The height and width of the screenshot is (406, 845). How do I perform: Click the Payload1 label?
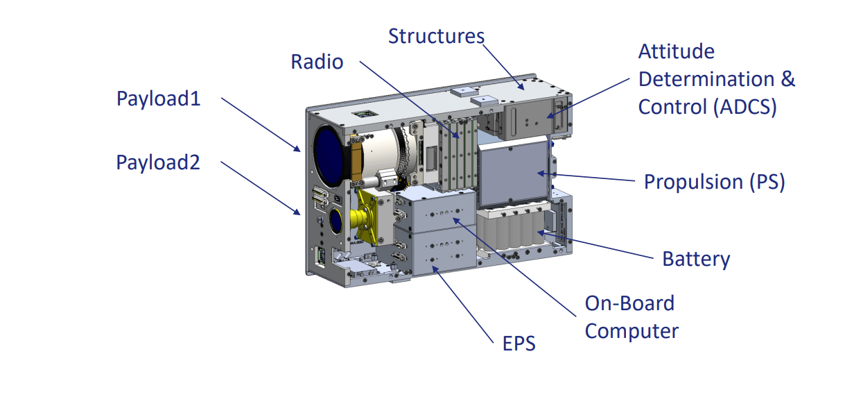pos(159,99)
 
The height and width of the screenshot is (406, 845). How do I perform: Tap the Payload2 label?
pos(158,163)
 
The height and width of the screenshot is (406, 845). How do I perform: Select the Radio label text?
pos(317,62)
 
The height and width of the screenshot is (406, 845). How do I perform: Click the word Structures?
pos(436,36)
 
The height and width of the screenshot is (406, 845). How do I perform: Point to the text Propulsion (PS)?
pos(715,182)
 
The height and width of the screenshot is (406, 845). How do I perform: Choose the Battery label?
pos(697,259)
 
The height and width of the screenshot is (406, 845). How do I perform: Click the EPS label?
pos(519,344)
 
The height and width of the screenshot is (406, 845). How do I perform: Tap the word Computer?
pos(632,332)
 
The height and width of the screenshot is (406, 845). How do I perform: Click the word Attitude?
pos(677,51)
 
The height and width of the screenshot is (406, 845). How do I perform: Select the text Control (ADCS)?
pos(708,107)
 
